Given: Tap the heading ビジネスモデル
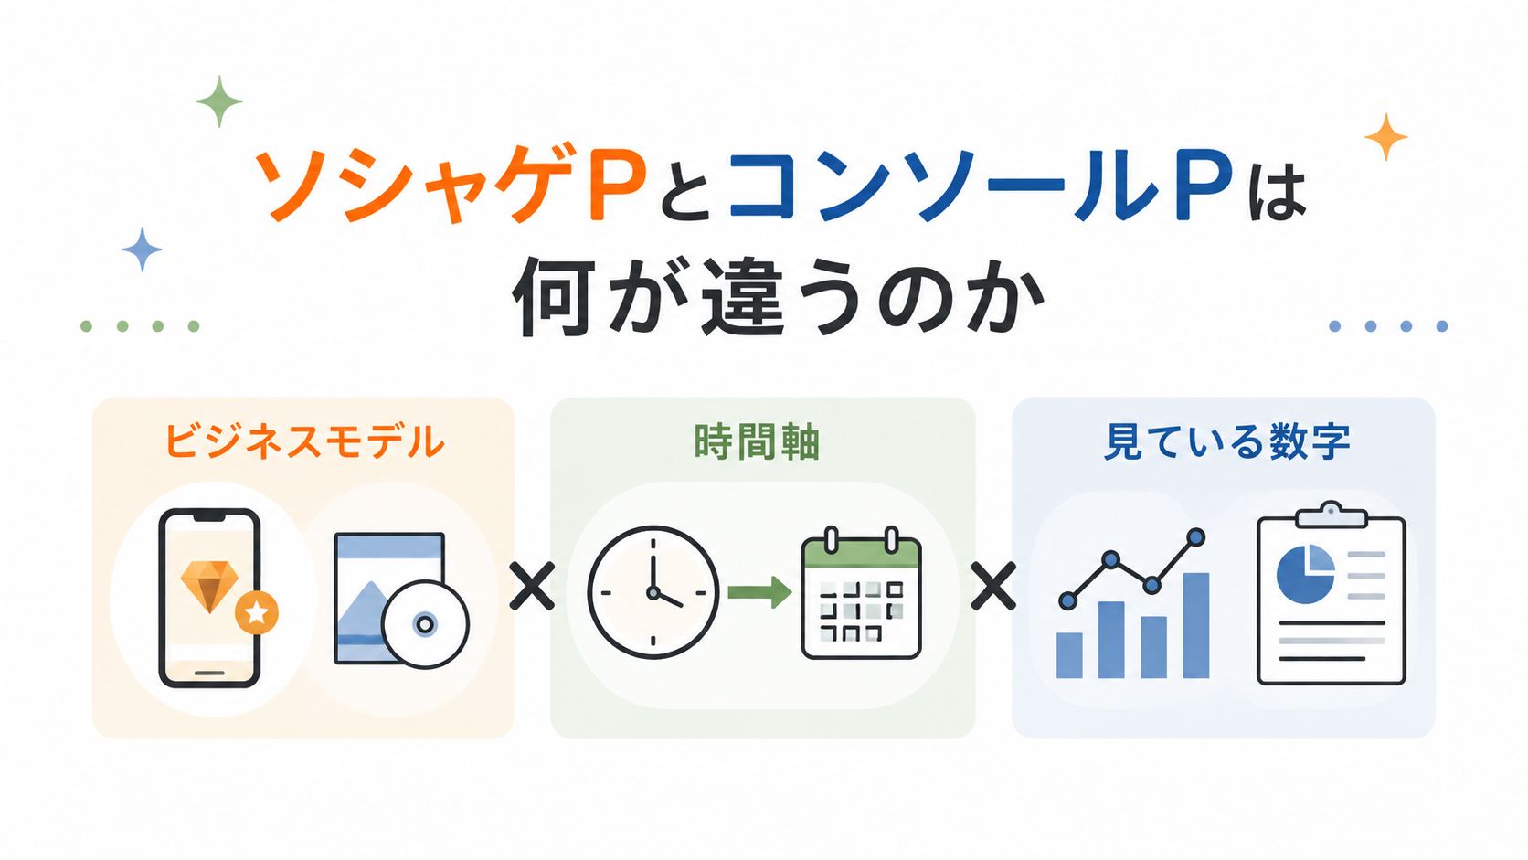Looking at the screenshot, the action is [x=304, y=441].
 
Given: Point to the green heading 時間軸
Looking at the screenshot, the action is [x=757, y=441].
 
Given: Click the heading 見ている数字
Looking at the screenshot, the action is [x=1227, y=441].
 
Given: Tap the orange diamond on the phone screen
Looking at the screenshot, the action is [x=209, y=586].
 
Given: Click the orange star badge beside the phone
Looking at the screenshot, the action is [x=257, y=612].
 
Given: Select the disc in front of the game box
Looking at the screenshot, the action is [x=425, y=624].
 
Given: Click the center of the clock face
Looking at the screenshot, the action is [x=653, y=592].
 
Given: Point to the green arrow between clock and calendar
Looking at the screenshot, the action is [x=760, y=591].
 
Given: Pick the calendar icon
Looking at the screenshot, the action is [x=861, y=592].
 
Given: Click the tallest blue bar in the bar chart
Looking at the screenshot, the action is [x=1195, y=625].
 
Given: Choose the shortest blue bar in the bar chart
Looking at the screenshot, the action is [x=1069, y=655].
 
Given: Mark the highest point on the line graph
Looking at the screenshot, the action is [x=1195, y=537].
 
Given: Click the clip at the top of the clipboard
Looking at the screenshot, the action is [x=1331, y=515].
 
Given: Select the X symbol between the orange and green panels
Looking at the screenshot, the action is [x=532, y=586].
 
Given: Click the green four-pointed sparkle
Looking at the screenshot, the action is [x=219, y=101].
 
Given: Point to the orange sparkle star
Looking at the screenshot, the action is [x=1385, y=137].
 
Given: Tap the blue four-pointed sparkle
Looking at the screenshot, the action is [x=142, y=250].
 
